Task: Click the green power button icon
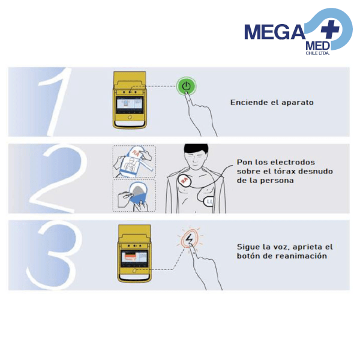[x=187, y=86]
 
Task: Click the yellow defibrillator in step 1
[x=130, y=100]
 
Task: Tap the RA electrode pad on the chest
[x=182, y=178]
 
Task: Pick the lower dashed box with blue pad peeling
[x=134, y=196]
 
